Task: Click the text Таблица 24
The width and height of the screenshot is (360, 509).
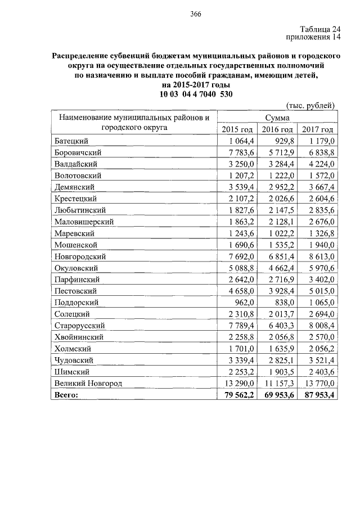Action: [320, 30]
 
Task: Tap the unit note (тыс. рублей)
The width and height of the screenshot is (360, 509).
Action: [311, 105]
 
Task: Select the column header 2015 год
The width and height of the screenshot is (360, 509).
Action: [238, 129]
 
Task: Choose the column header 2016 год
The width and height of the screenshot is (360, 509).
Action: [278, 129]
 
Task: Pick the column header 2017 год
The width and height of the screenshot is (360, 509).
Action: [319, 129]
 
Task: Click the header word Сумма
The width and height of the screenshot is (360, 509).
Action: [278, 118]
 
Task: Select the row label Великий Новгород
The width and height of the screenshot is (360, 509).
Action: [88, 384]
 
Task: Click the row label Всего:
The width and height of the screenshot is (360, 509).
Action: [67, 395]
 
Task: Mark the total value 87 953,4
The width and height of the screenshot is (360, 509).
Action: [318, 395]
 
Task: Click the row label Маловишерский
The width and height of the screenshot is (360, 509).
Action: [84, 222]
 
